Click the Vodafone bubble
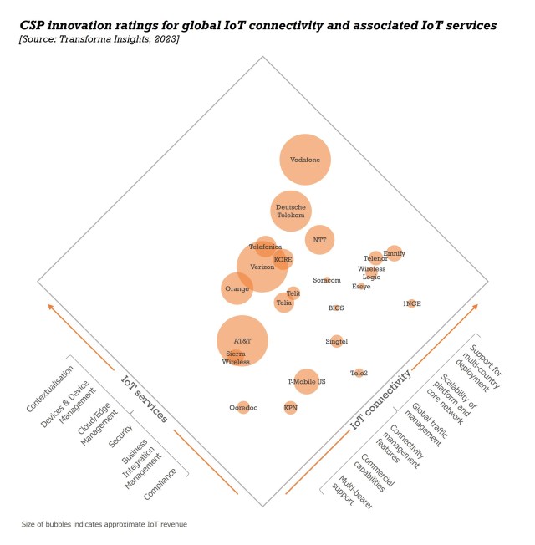coord(305,159)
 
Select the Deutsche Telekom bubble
coord(291,211)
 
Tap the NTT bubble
coord(319,240)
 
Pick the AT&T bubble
coord(242,341)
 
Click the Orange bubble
coord(237,289)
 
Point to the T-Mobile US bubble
coord(307,381)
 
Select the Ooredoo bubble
coord(243,407)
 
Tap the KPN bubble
coord(290,408)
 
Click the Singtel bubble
coord(336,341)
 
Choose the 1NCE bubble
coord(411,303)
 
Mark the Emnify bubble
coord(394,252)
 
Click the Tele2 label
coord(359,373)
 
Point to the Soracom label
coord(327,280)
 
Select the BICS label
coord(336,308)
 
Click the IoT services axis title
coord(144,398)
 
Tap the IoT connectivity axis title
coord(380,401)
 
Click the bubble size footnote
coord(104,524)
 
